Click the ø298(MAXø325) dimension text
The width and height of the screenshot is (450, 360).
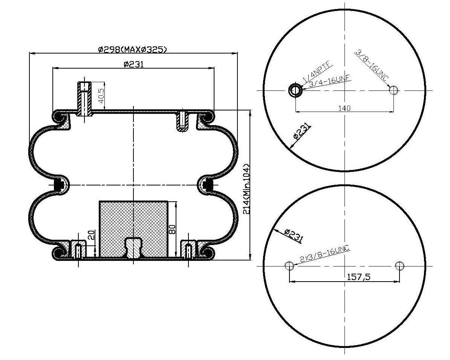point(132,49)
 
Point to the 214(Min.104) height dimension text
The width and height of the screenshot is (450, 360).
point(246,189)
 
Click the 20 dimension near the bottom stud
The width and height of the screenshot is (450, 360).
point(91,234)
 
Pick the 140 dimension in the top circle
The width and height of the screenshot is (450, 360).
point(344,108)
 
